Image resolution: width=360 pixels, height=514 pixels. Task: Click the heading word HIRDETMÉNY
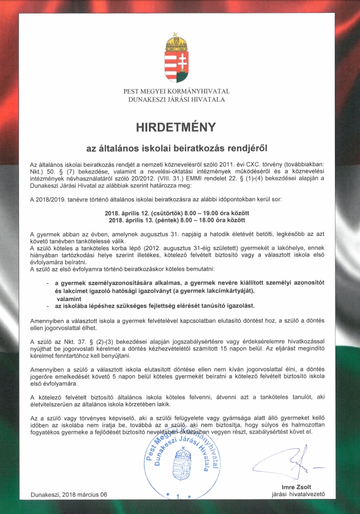[x=179, y=127]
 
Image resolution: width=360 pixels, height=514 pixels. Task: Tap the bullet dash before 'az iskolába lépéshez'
[x=48, y=306]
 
